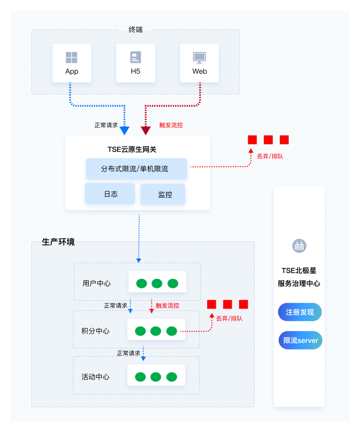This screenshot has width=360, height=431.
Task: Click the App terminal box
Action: (72, 63)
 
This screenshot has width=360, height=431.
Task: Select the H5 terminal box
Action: (135, 63)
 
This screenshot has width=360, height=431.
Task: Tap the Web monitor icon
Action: (200, 58)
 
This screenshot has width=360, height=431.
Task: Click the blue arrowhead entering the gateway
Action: (125, 131)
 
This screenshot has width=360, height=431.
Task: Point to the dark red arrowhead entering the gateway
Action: (146, 131)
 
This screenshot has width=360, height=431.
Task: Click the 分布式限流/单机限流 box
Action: (137, 169)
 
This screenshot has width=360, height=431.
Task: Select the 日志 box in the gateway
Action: (110, 194)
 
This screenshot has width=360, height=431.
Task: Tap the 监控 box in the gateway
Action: (163, 195)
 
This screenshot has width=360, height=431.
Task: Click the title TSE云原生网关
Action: (132, 150)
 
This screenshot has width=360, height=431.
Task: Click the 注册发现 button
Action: (300, 312)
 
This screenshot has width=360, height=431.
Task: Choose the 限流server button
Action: (300, 340)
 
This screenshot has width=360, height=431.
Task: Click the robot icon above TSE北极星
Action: (299, 246)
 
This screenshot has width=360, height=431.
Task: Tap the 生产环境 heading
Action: (58, 242)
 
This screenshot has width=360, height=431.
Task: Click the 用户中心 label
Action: (97, 283)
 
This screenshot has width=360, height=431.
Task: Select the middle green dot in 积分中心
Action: (156, 331)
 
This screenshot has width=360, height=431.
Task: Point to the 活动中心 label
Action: (96, 377)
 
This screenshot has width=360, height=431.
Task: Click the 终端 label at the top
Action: (135, 29)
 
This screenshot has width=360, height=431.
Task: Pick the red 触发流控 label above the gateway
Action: (171, 125)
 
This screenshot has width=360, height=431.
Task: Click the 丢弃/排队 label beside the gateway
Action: (270, 156)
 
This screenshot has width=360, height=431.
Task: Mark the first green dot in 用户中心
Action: (142, 283)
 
